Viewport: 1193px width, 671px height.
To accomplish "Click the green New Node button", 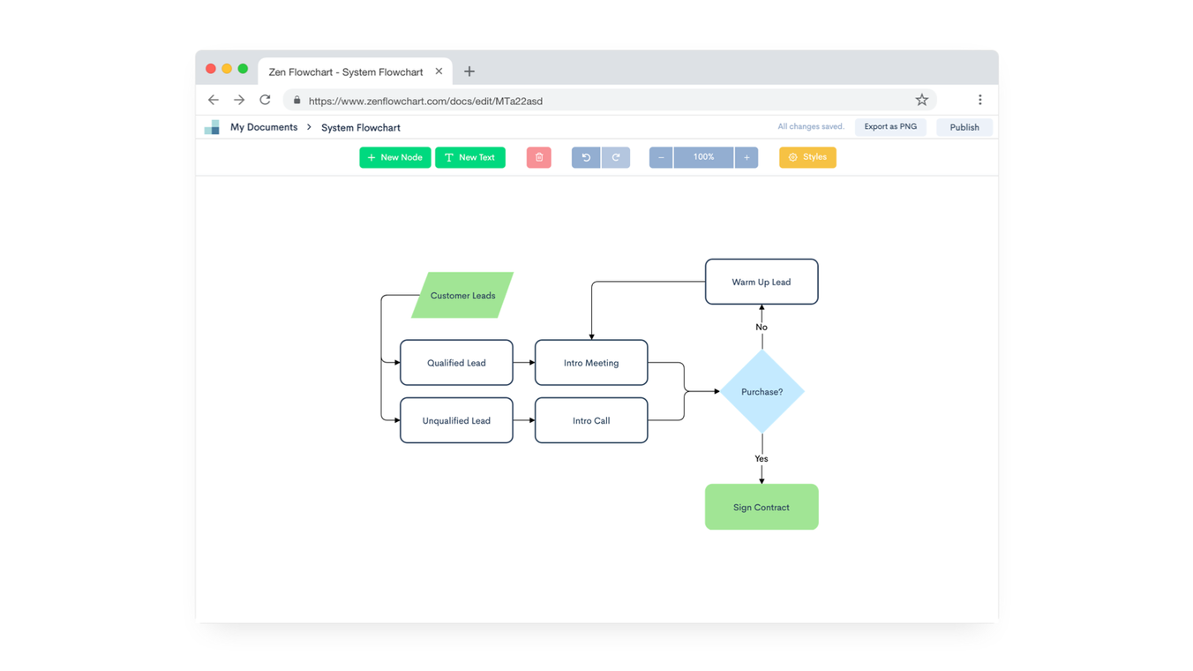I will click(x=394, y=157).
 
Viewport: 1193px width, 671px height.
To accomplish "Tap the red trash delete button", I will click(x=538, y=157).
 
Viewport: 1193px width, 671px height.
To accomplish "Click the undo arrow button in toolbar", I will click(x=586, y=157).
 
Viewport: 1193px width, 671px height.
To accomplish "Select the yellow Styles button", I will click(x=807, y=157).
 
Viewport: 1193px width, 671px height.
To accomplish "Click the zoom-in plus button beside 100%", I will click(x=747, y=157).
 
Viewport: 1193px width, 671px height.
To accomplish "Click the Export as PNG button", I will click(x=889, y=127).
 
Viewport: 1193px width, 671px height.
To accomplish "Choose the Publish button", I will click(x=964, y=127).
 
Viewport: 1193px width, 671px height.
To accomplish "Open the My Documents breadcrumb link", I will click(x=263, y=127).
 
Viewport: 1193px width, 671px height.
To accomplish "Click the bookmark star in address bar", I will click(x=921, y=100).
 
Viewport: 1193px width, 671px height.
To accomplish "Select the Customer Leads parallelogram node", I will click(x=462, y=295).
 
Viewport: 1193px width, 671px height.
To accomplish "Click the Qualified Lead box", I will click(x=456, y=363).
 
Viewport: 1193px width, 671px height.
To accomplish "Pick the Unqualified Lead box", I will click(x=456, y=420).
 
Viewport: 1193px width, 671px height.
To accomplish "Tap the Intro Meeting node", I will click(x=591, y=363).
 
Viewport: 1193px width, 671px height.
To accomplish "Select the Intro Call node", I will click(x=591, y=420).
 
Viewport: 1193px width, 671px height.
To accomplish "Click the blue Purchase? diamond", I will click(x=762, y=391).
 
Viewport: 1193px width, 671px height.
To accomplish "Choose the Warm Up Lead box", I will click(x=762, y=282).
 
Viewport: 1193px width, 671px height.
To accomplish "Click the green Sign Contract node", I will click(x=762, y=507).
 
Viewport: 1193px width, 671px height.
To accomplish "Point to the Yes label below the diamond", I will click(x=762, y=458).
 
